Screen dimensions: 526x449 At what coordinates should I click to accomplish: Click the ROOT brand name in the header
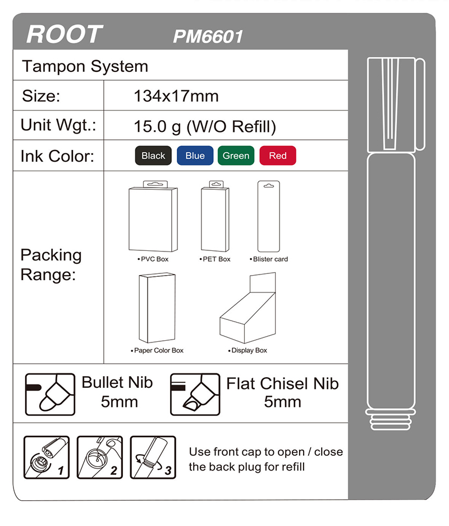pyautogui.click(x=65, y=34)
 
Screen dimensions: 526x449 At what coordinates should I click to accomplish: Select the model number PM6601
pyautogui.click(x=208, y=36)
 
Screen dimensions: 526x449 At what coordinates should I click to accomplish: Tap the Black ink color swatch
pyautogui.click(x=153, y=155)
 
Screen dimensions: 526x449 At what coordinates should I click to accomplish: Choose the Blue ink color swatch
pyautogui.click(x=195, y=155)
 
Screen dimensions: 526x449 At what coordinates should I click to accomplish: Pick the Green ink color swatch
pyautogui.click(x=236, y=155)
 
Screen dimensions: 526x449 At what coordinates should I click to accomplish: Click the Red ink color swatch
pyautogui.click(x=277, y=155)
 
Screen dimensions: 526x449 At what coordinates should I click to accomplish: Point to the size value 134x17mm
pyautogui.click(x=176, y=96)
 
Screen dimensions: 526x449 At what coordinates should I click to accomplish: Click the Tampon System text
pyautogui.click(x=85, y=66)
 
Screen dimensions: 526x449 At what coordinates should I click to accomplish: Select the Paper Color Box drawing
pyautogui.click(x=157, y=308)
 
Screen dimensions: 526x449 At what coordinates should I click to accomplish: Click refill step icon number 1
pyautogui.click(x=47, y=457)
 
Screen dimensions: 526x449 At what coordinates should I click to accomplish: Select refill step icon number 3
pyautogui.click(x=153, y=457)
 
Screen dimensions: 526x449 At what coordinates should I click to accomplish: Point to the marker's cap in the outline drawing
pyautogui.click(x=396, y=104)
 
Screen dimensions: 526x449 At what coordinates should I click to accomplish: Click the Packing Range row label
pyautogui.click(x=51, y=265)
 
